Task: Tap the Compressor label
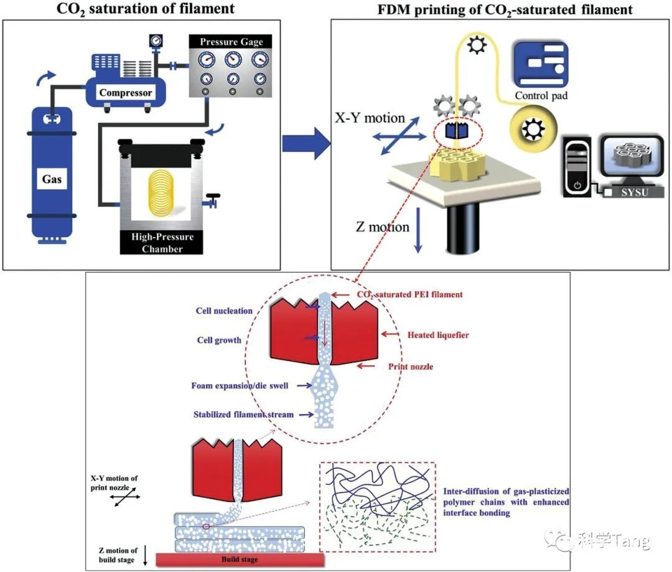pos(126,92)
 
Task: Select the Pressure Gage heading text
pos(231,42)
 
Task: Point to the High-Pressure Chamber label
pos(162,243)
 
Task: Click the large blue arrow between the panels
pos(303,144)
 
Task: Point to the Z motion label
pos(382,227)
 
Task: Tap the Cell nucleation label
pos(225,311)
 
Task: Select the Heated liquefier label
pos(438,335)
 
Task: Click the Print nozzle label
pos(410,367)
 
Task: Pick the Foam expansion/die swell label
pos(240,386)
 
